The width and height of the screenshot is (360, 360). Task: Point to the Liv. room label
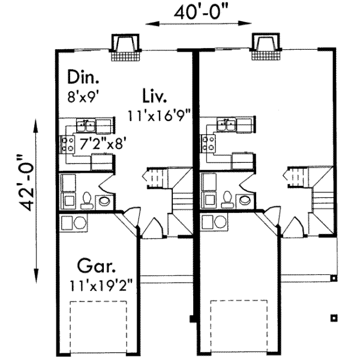coord(154,95)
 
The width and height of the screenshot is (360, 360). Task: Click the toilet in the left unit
coord(86,199)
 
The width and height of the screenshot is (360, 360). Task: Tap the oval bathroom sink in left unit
coord(106,200)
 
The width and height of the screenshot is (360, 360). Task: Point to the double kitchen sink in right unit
coord(226,125)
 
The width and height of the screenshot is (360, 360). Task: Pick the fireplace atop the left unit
coord(125,47)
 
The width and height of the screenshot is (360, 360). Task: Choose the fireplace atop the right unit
coord(265,47)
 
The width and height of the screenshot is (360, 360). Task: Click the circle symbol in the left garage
coord(80,223)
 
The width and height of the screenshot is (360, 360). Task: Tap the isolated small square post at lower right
coord(334,317)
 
